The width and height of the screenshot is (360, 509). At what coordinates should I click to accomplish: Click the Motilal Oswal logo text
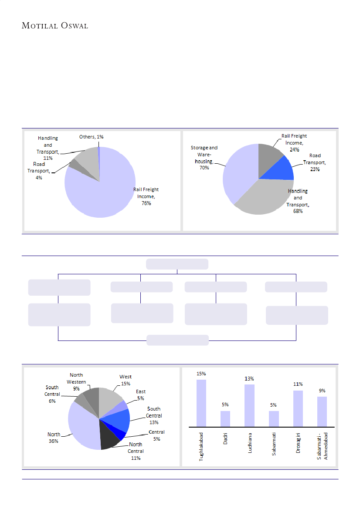[x=55, y=26]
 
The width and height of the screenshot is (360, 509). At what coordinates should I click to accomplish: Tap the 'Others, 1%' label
[x=91, y=137]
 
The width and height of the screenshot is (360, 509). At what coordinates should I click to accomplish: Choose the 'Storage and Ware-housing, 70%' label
[x=204, y=158]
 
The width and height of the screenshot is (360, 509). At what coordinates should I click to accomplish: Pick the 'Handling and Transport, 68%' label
[x=298, y=201]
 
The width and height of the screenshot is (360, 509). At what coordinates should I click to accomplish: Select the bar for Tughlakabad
[x=201, y=403]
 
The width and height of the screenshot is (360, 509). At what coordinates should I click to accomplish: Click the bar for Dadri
[x=225, y=419]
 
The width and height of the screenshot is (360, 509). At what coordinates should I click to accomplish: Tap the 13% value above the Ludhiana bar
[x=249, y=378]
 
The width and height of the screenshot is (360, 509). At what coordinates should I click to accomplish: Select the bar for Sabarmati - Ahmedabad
[x=322, y=411]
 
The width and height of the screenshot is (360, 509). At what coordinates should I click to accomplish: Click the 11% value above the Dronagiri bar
[x=298, y=384]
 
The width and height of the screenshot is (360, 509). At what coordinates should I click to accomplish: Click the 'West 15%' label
[x=126, y=380]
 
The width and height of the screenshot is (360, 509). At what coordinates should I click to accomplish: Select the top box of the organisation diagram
[x=177, y=264]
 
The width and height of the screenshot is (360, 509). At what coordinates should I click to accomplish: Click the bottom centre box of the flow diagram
[x=177, y=340]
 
